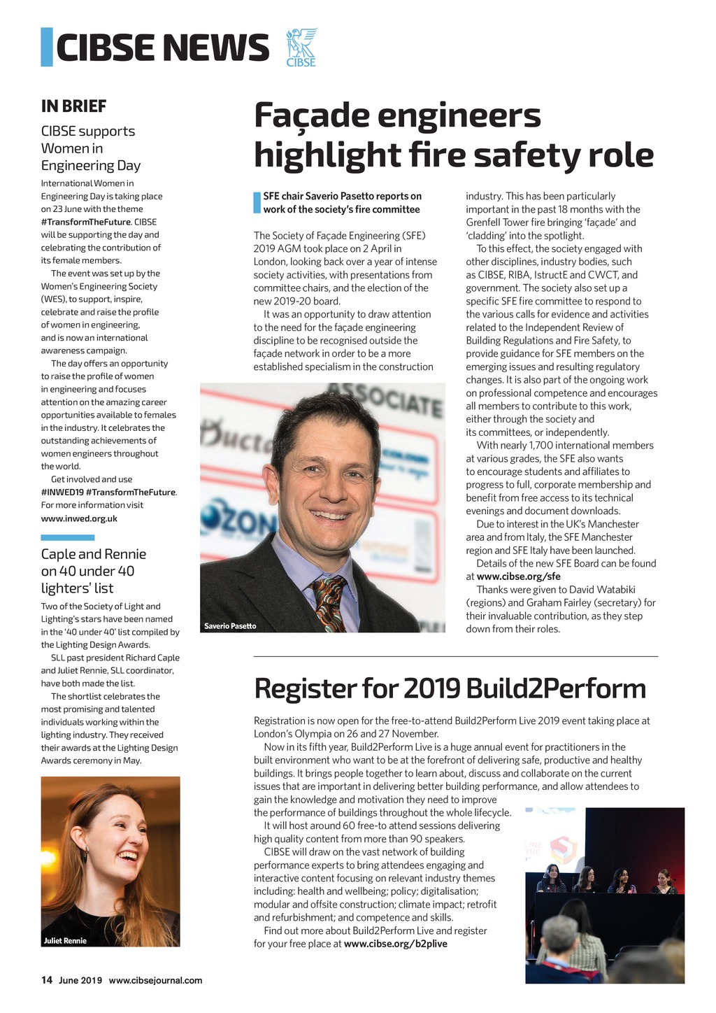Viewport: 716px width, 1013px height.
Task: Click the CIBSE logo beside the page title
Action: pyautogui.click(x=301, y=48)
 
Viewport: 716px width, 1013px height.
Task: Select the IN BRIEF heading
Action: pyautogui.click(x=73, y=106)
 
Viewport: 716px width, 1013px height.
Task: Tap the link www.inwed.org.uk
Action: pyautogui.click(x=79, y=518)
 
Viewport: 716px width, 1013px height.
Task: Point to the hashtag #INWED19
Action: pyautogui.click(x=61, y=492)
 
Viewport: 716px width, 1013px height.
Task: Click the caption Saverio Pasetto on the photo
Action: pyautogui.click(x=230, y=625)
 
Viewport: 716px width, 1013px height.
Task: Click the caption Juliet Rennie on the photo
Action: pyautogui.click(x=65, y=940)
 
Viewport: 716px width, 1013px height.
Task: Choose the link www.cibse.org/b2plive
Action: pyautogui.click(x=395, y=944)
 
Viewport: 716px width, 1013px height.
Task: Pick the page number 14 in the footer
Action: pyautogui.click(x=46, y=980)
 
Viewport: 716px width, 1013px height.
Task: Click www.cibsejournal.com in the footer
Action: pyautogui.click(x=155, y=980)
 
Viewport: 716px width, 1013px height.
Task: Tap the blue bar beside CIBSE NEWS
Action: pyautogui.click(x=47, y=47)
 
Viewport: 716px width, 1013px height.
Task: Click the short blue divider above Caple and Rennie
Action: pyautogui.click(x=67, y=537)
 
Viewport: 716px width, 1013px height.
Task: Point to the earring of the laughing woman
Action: pyautogui.click(x=85, y=855)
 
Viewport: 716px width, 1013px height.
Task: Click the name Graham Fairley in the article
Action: pyautogui.click(x=547, y=602)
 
